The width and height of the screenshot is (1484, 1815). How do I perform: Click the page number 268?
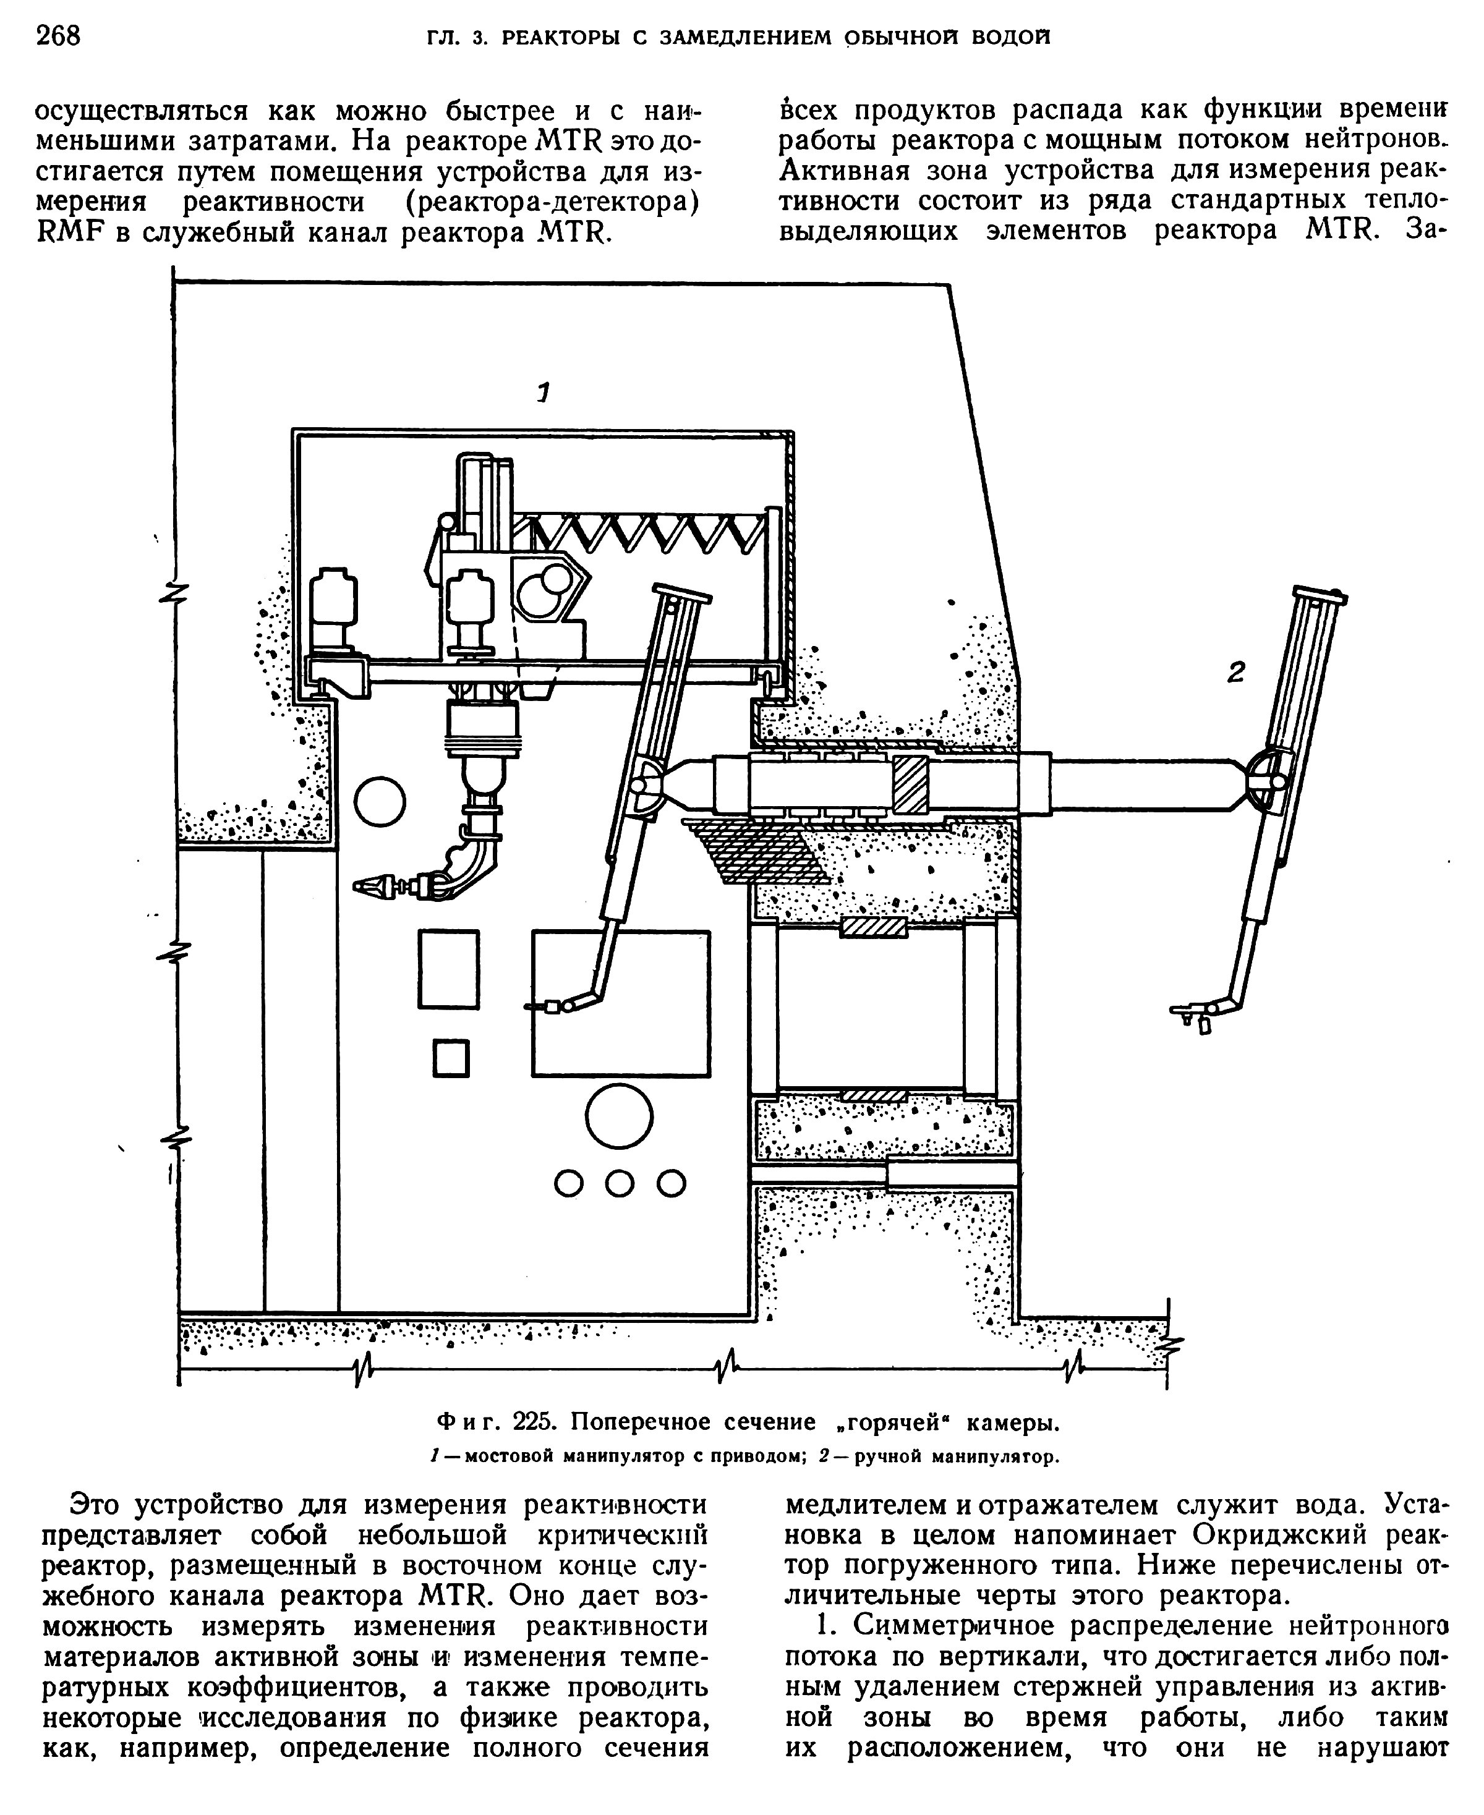pos(58,36)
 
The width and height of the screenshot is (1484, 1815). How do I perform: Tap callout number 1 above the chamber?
pos(543,393)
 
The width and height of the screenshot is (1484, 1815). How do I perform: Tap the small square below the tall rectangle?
pos(451,1058)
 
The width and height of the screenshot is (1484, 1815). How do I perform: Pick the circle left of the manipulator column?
pos(380,801)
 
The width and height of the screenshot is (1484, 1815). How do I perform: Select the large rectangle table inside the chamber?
pos(621,1002)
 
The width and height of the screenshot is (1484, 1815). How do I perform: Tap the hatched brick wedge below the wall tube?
pos(753,850)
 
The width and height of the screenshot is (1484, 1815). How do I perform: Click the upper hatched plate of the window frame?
pos(873,927)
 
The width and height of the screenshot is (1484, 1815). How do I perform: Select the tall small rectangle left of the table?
pos(448,970)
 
